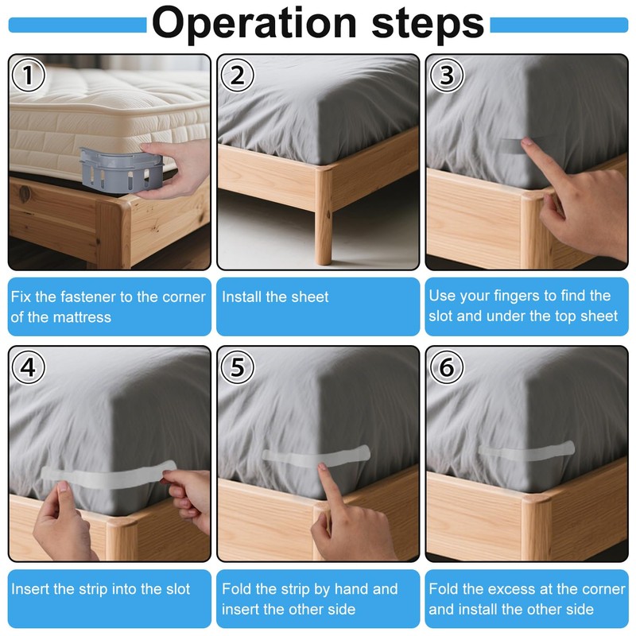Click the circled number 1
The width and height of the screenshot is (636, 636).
pyautogui.click(x=29, y=76)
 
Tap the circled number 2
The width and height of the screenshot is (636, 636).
pyautogui.click(x=237, y=76)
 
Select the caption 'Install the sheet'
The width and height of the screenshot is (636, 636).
pyautogui.click(x=275, y=297)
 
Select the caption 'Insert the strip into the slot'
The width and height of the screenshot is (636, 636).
pyautogui.click(x=101, y=589)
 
